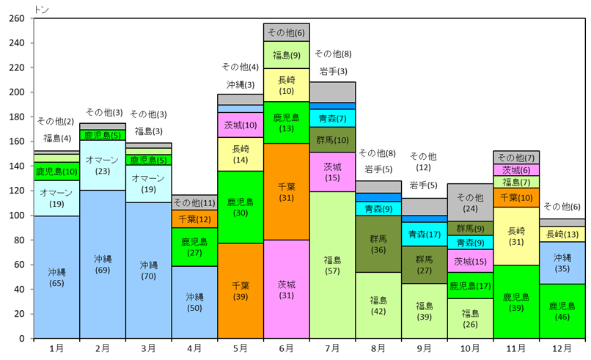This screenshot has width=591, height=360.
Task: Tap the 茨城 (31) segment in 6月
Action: pyautogui.click(x=287, y=289)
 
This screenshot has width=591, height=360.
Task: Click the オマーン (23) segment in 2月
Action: pyautogui.click(x=103, y=165)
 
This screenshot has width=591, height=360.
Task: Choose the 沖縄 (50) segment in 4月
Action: pyautogui.click(x=194, y=302)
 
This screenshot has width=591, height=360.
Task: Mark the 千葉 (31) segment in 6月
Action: pyautogui.click(x=287, y=191)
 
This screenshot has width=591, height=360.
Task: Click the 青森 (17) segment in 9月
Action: pyautogui.click(x=425, y=235)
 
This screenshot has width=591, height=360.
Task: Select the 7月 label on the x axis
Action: pyautogui.click(x=332, y=348)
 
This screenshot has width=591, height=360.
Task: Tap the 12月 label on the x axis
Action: pyautogui.click(x=562, y=348)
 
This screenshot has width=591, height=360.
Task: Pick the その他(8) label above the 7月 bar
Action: pyautogui.click(x=333, y=54)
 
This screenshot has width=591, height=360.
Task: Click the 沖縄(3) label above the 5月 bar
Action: pyautogui.click(x=241, y=84)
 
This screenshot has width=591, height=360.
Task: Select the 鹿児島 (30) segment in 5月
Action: pyautogui.click(x=241, y=207)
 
